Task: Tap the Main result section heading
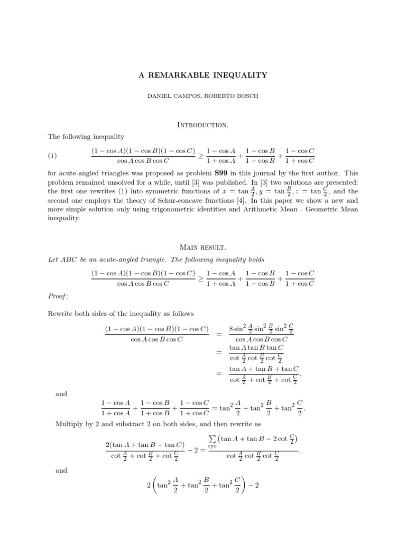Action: [203, 247]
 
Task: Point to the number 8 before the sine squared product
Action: [232, 329]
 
